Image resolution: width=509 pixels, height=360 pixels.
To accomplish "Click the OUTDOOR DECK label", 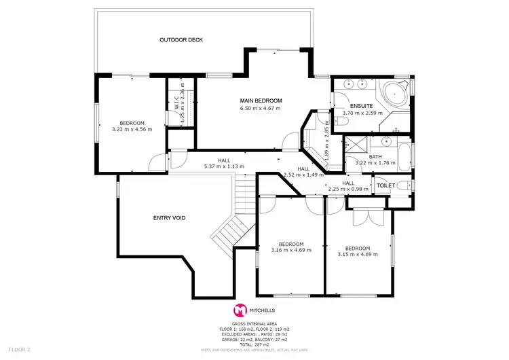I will coord(181,40).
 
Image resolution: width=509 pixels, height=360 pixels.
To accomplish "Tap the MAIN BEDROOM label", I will coord(261,101).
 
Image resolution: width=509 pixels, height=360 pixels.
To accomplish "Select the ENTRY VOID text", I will coord(169,218).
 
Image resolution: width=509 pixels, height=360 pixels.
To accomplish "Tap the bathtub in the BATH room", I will coord(404,156).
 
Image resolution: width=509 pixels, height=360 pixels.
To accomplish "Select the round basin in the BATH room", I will coord(388,143).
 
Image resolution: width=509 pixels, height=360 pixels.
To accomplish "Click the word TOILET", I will coord(385,185).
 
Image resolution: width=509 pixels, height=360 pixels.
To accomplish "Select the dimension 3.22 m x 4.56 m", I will coord(132,128).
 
